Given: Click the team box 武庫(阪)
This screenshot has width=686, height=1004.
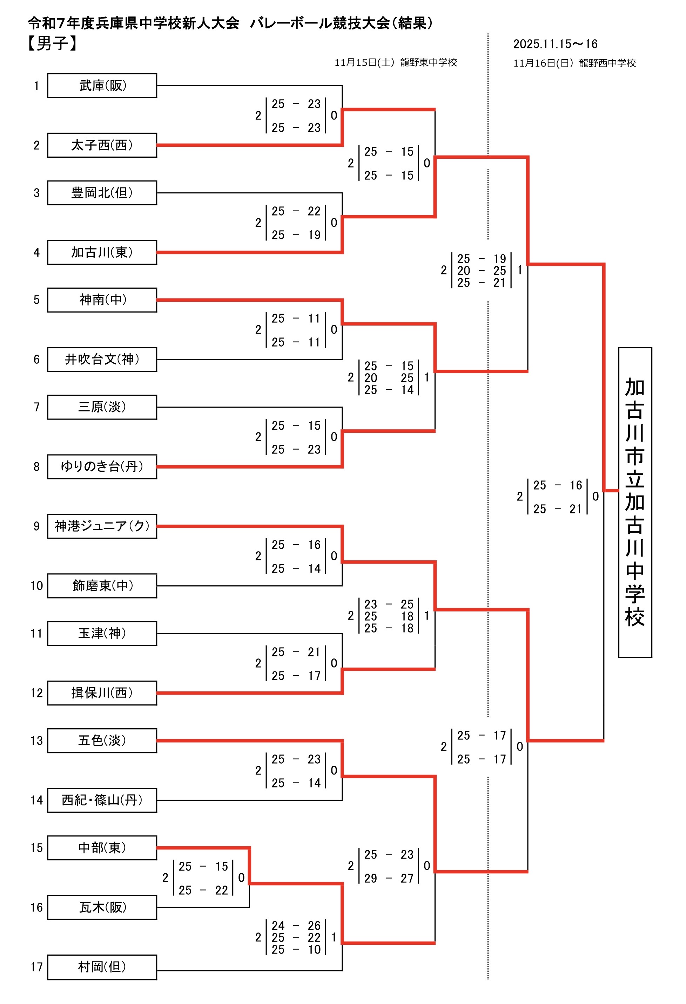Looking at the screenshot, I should [102, 86].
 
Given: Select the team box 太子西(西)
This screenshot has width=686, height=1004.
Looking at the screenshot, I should [102, 145].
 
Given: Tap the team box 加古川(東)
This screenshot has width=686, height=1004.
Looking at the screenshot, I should [102, 252].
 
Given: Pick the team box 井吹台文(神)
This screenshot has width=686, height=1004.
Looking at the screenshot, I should [102, 360].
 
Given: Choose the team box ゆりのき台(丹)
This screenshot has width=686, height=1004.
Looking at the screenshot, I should [102, 466].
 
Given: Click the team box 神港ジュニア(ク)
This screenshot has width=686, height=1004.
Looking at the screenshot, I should [102, 526].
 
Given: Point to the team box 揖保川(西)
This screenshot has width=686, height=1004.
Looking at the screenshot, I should [102, 693].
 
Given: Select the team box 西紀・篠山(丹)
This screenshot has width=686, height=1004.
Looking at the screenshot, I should [102, 800].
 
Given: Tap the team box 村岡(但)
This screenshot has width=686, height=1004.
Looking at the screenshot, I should [102, 967].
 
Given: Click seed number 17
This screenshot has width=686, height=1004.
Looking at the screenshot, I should [36, 967].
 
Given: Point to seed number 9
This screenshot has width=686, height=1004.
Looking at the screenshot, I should [36, 526].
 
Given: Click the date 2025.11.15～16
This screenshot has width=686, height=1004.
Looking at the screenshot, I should [555, 44].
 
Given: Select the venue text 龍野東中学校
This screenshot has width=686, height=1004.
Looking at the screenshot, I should [428, 63].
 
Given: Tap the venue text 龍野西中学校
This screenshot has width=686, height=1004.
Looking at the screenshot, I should [607, 63].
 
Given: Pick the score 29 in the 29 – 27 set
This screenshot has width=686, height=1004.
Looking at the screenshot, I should [370, 878].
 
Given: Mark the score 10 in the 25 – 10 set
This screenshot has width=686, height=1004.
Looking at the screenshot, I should [314, 950].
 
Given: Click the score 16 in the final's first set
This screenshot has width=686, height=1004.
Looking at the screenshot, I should [575, 485].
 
